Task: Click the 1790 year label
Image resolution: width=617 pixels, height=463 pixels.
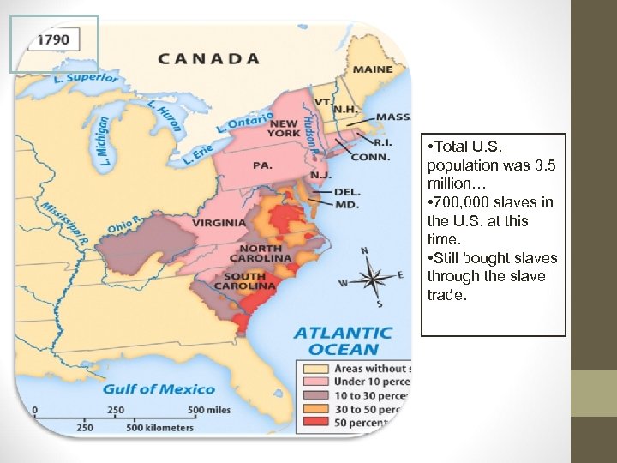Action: click(x=56, y=40)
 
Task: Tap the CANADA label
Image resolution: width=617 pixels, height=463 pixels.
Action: click(x=208, y=59)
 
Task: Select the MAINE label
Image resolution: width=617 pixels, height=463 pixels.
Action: click(x=372, y=69)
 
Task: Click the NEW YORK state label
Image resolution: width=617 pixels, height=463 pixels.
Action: click(x=284, y=129)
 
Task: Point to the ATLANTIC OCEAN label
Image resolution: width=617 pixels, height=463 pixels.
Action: click(x=343, y=340)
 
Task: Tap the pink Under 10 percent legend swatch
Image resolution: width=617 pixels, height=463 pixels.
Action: click(x=308, y=382)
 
